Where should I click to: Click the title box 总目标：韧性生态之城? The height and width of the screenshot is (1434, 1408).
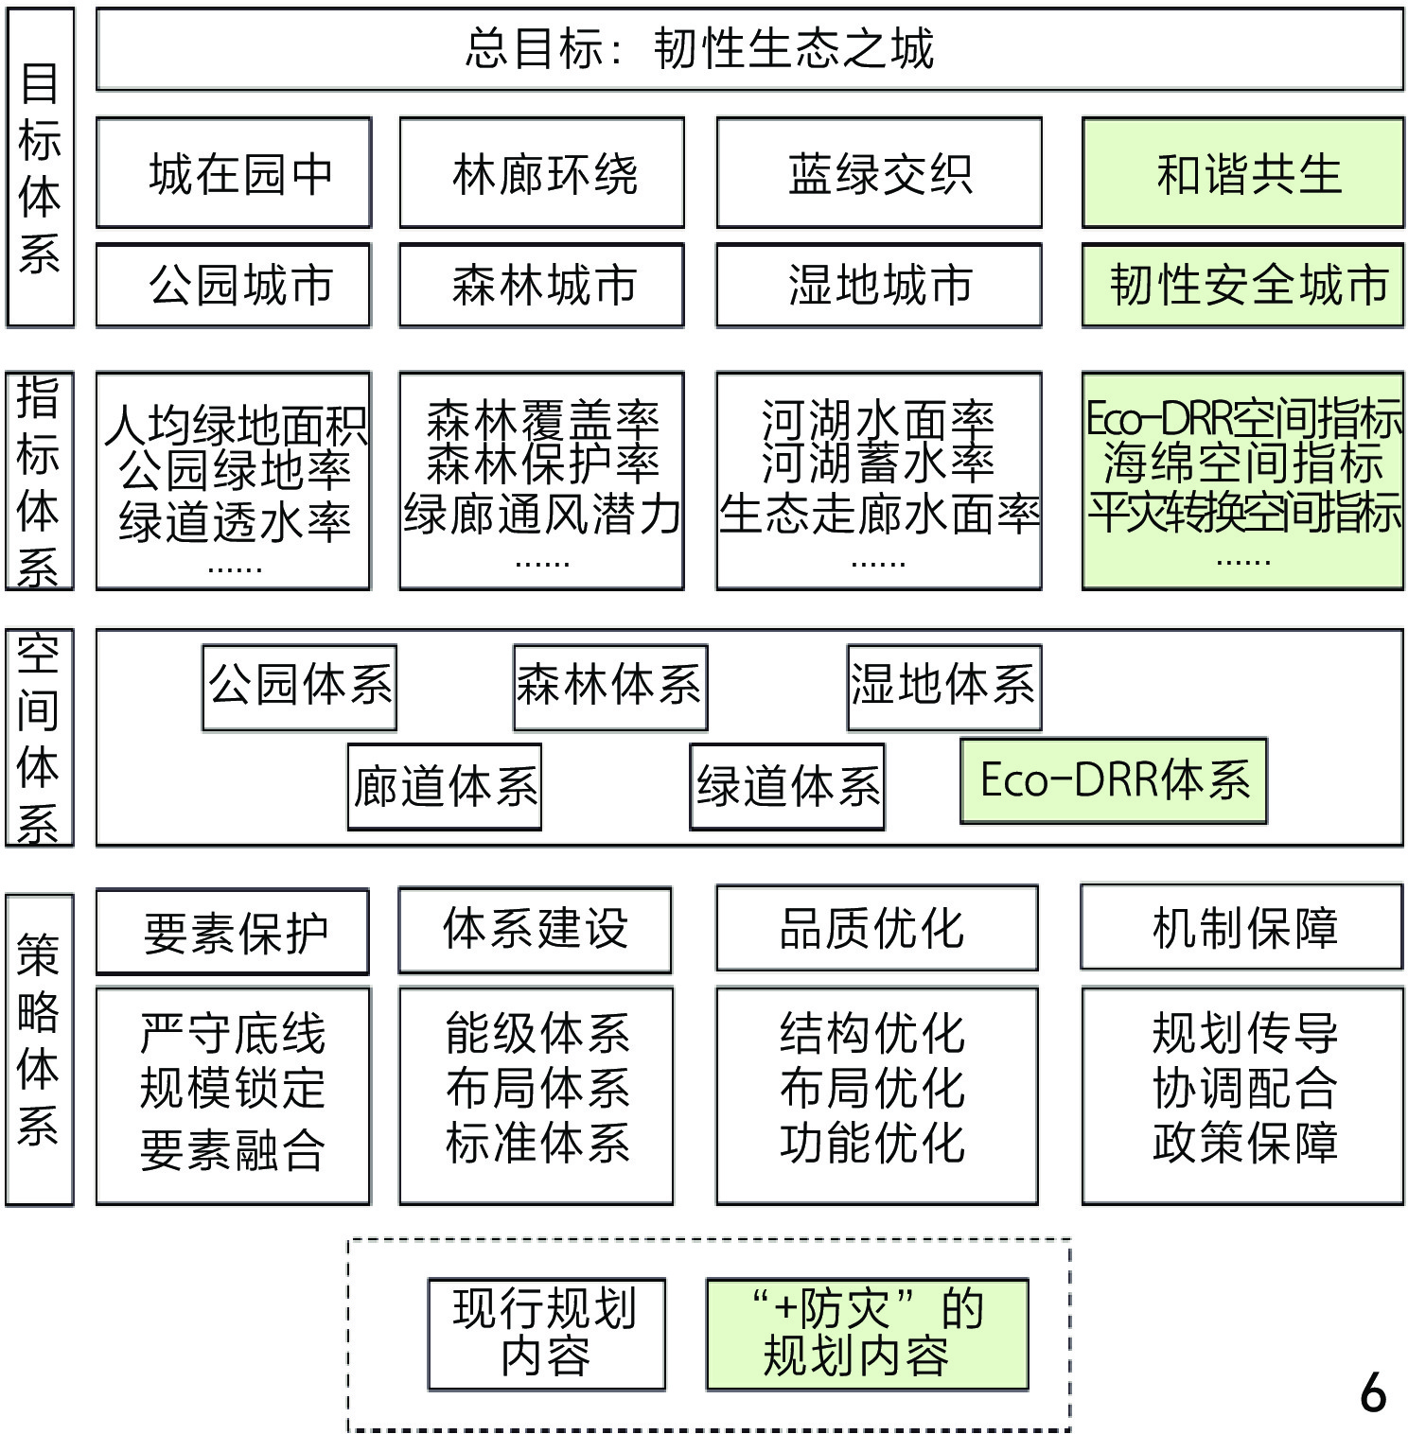[x=749, y=49]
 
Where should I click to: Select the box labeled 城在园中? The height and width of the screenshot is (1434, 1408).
[x=234, y=173]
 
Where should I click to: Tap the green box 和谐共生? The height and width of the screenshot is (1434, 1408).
[x=1242, y=173]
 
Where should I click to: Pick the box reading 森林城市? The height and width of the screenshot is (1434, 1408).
[x=541, y=285]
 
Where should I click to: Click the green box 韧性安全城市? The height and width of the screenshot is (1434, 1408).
[x=1242, y=285]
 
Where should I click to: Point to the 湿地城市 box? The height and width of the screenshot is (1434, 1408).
[x=879, y=285]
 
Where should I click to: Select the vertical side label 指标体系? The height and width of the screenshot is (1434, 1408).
[x=39, y=481]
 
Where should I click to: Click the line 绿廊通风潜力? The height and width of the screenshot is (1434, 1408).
[x=541, y=515]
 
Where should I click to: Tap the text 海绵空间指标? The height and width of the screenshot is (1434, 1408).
[x=1242, y=463]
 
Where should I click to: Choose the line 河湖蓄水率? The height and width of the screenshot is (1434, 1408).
[x=879, y=463]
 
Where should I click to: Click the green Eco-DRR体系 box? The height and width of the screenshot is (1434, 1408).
[x=1114, y=780]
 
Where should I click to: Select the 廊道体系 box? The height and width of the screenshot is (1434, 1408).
[x=445, y=787]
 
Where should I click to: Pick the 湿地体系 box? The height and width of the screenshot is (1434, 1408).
[x=943, y=685]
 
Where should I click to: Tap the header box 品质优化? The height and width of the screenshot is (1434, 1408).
[x=876, y=928]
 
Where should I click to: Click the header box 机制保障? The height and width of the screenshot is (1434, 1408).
[x=1242, y=927]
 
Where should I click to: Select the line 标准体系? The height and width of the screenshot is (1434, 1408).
[x=537, y=1143]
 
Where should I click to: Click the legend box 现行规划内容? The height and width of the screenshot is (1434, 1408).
[x=546, y=1333]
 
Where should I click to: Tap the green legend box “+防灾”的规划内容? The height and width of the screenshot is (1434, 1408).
[x=867, y=1333]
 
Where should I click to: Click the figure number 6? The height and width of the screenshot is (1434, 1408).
[x=1373, y=1392]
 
